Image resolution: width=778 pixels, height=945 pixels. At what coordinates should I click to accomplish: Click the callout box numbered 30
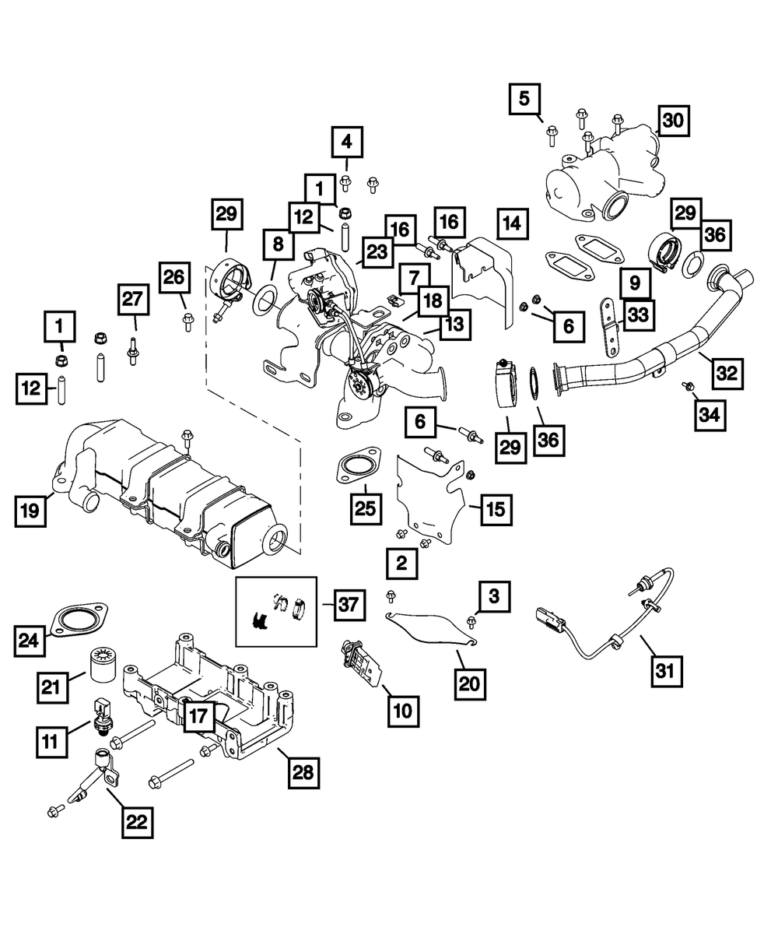tap(674, 120)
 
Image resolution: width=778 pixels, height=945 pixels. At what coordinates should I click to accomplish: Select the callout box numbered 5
tap(524, 99)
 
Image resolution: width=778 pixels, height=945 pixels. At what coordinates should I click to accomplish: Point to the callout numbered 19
tap(30, 511)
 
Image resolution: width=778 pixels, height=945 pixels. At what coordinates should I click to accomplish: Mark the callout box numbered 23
tap(377, 251)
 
